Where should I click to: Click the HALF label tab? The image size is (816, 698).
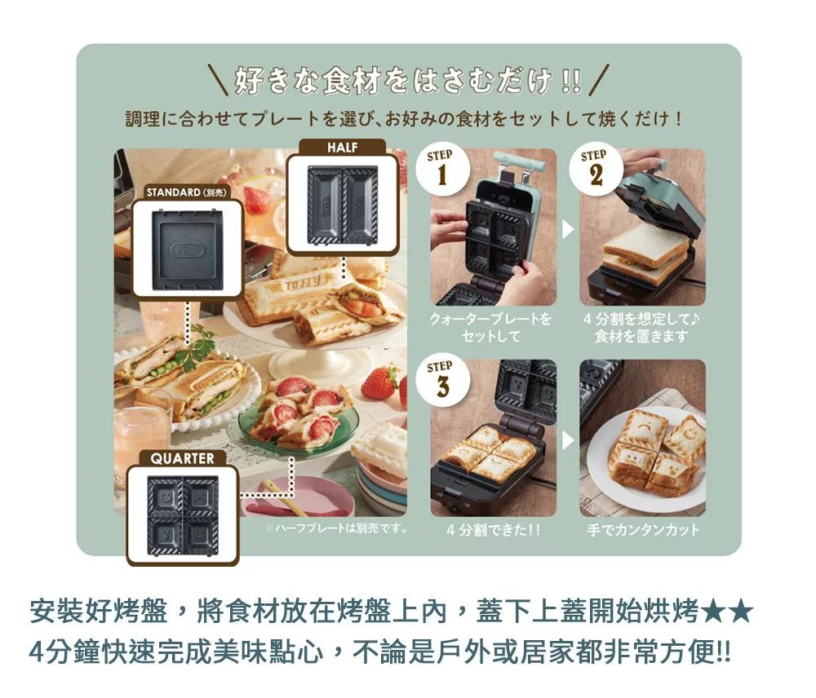pos(343,148)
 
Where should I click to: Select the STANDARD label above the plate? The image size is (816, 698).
pos(187,192)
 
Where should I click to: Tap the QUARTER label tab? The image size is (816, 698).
pos(182,458)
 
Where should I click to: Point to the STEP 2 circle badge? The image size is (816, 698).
pos(596,169)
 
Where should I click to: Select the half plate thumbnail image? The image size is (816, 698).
pos(342,204)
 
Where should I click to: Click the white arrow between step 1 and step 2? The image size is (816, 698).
pos(568,229)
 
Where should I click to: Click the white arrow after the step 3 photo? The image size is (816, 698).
pos(568,440)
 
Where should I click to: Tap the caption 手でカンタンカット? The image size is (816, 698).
pos(643,530)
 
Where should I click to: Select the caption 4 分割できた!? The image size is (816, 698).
pos(494,530)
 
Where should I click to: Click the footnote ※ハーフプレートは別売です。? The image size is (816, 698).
pos(336,528)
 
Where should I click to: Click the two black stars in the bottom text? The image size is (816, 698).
pos(727,612)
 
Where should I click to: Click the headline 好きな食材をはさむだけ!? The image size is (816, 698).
pos(409,82)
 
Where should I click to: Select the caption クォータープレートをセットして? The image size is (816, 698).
pos(490,327)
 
